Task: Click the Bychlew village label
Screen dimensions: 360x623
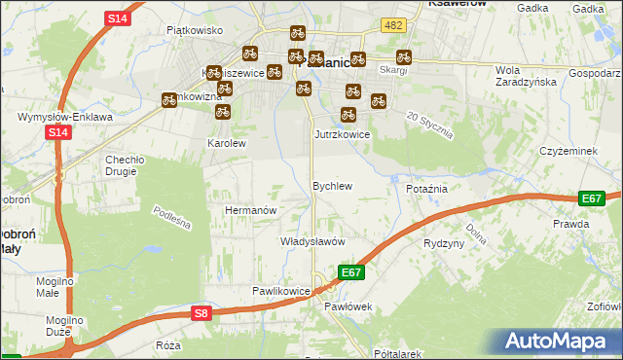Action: pyautogui.click(x=331, y=185)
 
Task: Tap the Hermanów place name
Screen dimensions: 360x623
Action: pyautogui.click(x=252, y=210)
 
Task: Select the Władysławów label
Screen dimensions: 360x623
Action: pyautogui.click(x=313, y=241)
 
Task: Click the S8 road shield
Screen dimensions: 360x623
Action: pyautogui.click(x=201, y=312)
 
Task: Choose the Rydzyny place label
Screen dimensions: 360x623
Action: pyautogui.click(x=444, y=243)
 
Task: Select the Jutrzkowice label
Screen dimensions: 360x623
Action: pyautogui.click(x=342, y=134)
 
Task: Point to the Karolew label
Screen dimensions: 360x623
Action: pyautogui.click(x=227, y=142)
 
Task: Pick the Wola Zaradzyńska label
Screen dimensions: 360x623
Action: pyautogui.click(x=524, y=76)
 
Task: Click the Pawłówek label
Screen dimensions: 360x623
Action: pyautogui.click(x=348, y=307)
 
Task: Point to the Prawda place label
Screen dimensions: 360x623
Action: pyautogui.click(x=570, y=224)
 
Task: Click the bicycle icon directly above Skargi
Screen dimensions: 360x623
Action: pyautogui.click(x=403, y=57)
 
